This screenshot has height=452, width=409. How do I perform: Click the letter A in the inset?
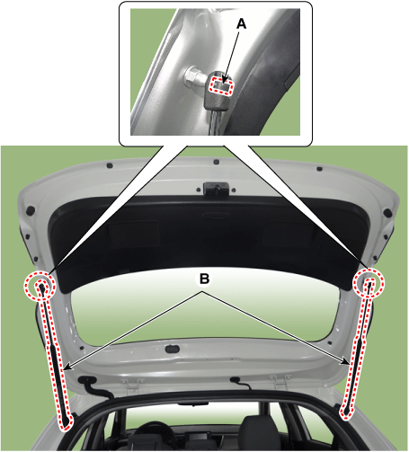coord(241,24)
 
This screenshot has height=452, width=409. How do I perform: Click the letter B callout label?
coord(204,279)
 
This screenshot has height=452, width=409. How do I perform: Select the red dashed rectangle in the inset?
coord(221,85)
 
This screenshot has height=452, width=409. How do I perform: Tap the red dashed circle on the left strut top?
coord(40,286)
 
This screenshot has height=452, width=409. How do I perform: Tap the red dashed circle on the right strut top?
coord(369,282)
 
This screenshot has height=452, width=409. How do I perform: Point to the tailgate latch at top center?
coord(216,189)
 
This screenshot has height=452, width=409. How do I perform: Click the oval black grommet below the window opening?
coord(173,349)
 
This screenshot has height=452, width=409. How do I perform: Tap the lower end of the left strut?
coord(67,421)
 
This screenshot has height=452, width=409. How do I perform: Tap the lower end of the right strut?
coord(346,412)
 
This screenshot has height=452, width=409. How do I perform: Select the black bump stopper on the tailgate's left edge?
coord(31,210)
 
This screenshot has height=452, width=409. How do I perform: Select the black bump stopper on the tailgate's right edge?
coord(387,213)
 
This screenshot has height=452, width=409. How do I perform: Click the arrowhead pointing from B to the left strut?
coord(67,367)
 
